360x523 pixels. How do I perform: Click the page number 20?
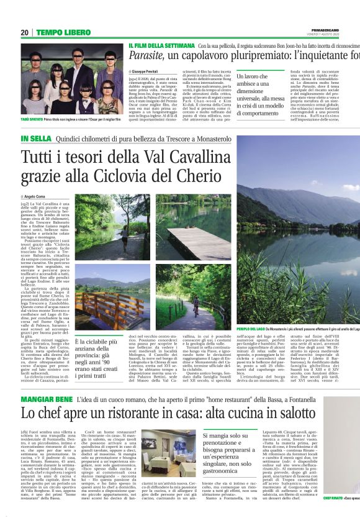point(25,32)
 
